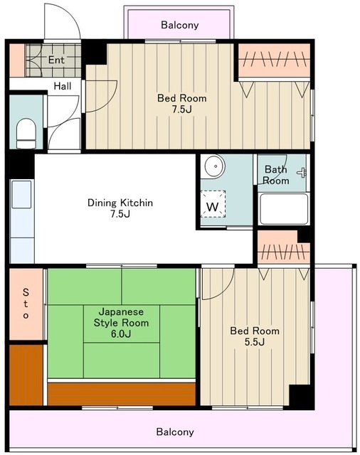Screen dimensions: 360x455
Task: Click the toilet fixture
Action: coord(26,134)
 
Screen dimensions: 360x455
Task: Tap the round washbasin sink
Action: coord(215,166)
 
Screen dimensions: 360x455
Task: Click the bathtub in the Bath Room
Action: coord(284,209)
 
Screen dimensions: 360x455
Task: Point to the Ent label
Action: coord(56,60)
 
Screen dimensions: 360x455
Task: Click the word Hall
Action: coord(63,86)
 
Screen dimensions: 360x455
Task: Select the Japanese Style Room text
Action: coord(121,317)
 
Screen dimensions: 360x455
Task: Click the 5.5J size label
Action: coord(254,342)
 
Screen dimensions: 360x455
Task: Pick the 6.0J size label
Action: coord(121,334)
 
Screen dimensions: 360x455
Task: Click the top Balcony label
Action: coord(180,25)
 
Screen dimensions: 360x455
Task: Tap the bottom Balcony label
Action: coord(175,432)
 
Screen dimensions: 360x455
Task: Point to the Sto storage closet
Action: coord(26,304)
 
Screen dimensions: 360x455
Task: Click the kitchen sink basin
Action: coord(21,194)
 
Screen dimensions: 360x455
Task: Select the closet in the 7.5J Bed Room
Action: coord(274,60)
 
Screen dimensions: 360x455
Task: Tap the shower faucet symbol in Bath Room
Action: coord(302,173)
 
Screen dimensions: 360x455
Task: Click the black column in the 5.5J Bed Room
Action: coord(302,397)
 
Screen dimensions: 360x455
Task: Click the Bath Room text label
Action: coord(276,175)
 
